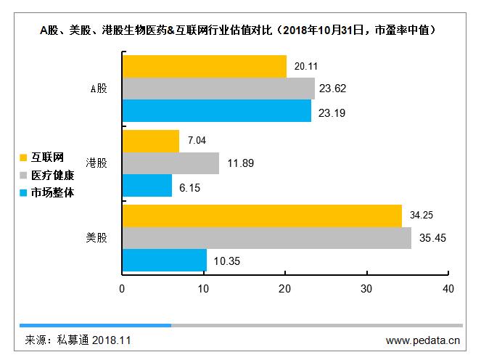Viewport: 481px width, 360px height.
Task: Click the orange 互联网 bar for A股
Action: click(204, 66)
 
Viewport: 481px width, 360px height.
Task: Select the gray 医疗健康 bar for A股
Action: click(218, 89)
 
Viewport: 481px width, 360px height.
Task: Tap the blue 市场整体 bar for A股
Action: click(216, 110)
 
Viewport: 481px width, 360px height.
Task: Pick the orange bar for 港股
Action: click(151, 141)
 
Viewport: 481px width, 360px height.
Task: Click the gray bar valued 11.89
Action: click(170, 163)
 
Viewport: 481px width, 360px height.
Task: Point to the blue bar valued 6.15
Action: click(147, 186)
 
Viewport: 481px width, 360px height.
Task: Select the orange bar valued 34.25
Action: click(262, 216)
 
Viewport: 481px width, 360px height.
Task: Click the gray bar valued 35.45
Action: click(267, 238)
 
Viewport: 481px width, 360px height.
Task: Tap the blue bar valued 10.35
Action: click(164, 260)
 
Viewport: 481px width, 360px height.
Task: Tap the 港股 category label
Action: click(96, 163)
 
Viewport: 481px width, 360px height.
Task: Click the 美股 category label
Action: click(96, 238)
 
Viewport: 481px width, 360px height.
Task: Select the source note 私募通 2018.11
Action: click(78, 340)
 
